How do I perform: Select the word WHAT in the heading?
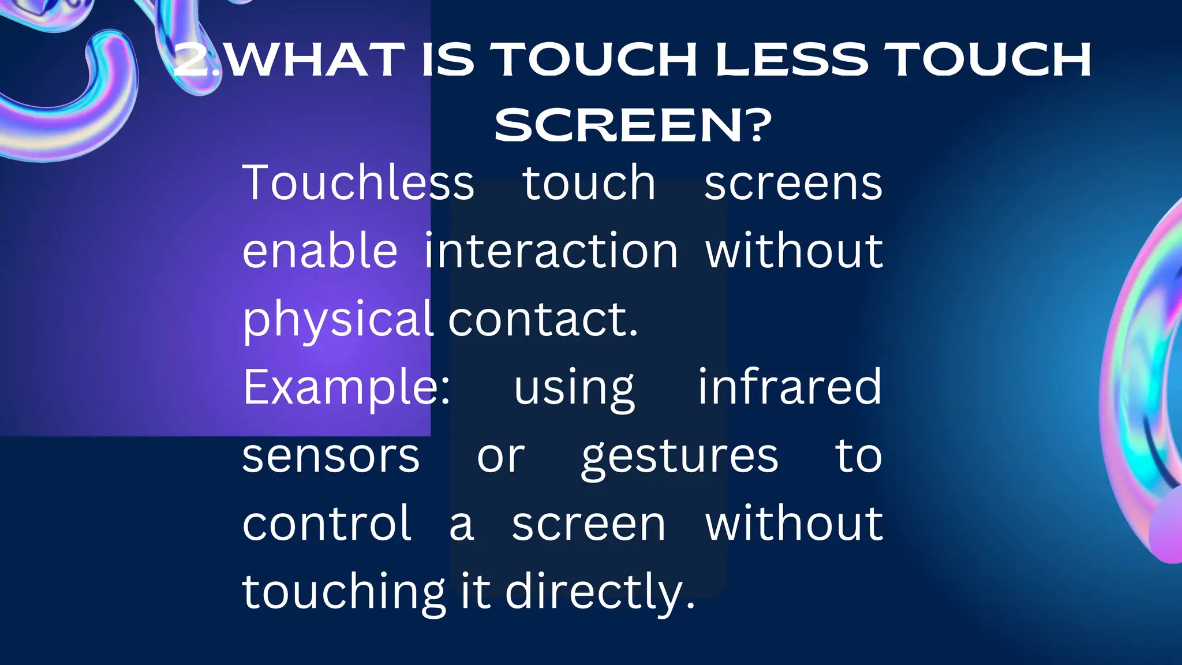point(315,59)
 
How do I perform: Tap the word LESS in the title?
point(791,59)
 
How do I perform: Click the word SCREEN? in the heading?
point(633,125)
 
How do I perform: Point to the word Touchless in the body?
point(358,183)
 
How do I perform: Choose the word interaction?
point(551,251)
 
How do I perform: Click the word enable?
point(320,251)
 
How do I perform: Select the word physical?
point(338,319)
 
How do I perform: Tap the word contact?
point(543,319)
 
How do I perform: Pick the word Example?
point(346,387)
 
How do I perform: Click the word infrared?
point(790,387)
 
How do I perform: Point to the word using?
point(574,388)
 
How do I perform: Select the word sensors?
point(331,456)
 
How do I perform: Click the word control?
point(327,524)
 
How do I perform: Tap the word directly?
point(600,592)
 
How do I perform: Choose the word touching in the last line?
point(344,592)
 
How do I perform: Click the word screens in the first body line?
point(793,184)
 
